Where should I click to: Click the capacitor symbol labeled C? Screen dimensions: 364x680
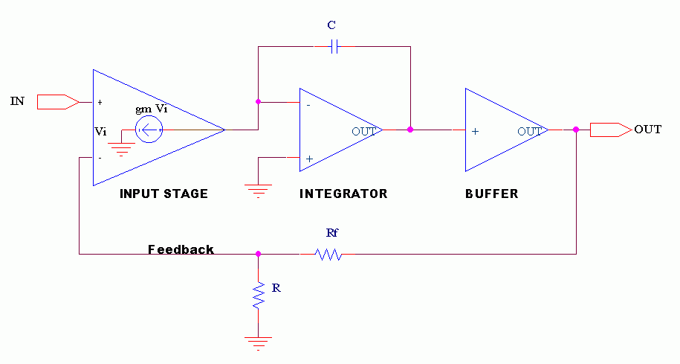[x=334, y=47]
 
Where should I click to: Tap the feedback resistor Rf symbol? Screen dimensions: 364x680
[x=328, y=255]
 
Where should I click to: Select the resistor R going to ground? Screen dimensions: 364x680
[x=259, y=295]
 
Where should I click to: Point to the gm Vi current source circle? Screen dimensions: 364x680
[x=149, y=131]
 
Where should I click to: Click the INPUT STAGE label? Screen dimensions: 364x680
[x=163, y=194]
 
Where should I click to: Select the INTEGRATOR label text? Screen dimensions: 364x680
[x=343, y=194]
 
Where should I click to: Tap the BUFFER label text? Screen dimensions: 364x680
[x=491, y=194]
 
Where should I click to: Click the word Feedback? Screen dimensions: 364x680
[x=181, y=249]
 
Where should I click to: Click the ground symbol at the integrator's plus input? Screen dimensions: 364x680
[x=259, y=189]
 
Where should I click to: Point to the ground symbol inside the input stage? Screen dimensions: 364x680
[x=121, y=147]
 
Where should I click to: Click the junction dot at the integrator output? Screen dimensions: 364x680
[x=410, y=130]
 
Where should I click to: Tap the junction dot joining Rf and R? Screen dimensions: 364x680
[x=259, y=254]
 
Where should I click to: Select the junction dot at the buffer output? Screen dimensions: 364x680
[x=577, y=130]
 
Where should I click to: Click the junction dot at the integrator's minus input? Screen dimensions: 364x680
[x=258, y=101]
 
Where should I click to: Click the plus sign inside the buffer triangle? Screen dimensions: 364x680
[x=475, y=131]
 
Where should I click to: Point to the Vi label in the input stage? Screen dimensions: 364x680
[x=101, y=131]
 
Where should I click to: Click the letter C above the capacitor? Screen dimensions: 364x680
[x=331, y=25]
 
